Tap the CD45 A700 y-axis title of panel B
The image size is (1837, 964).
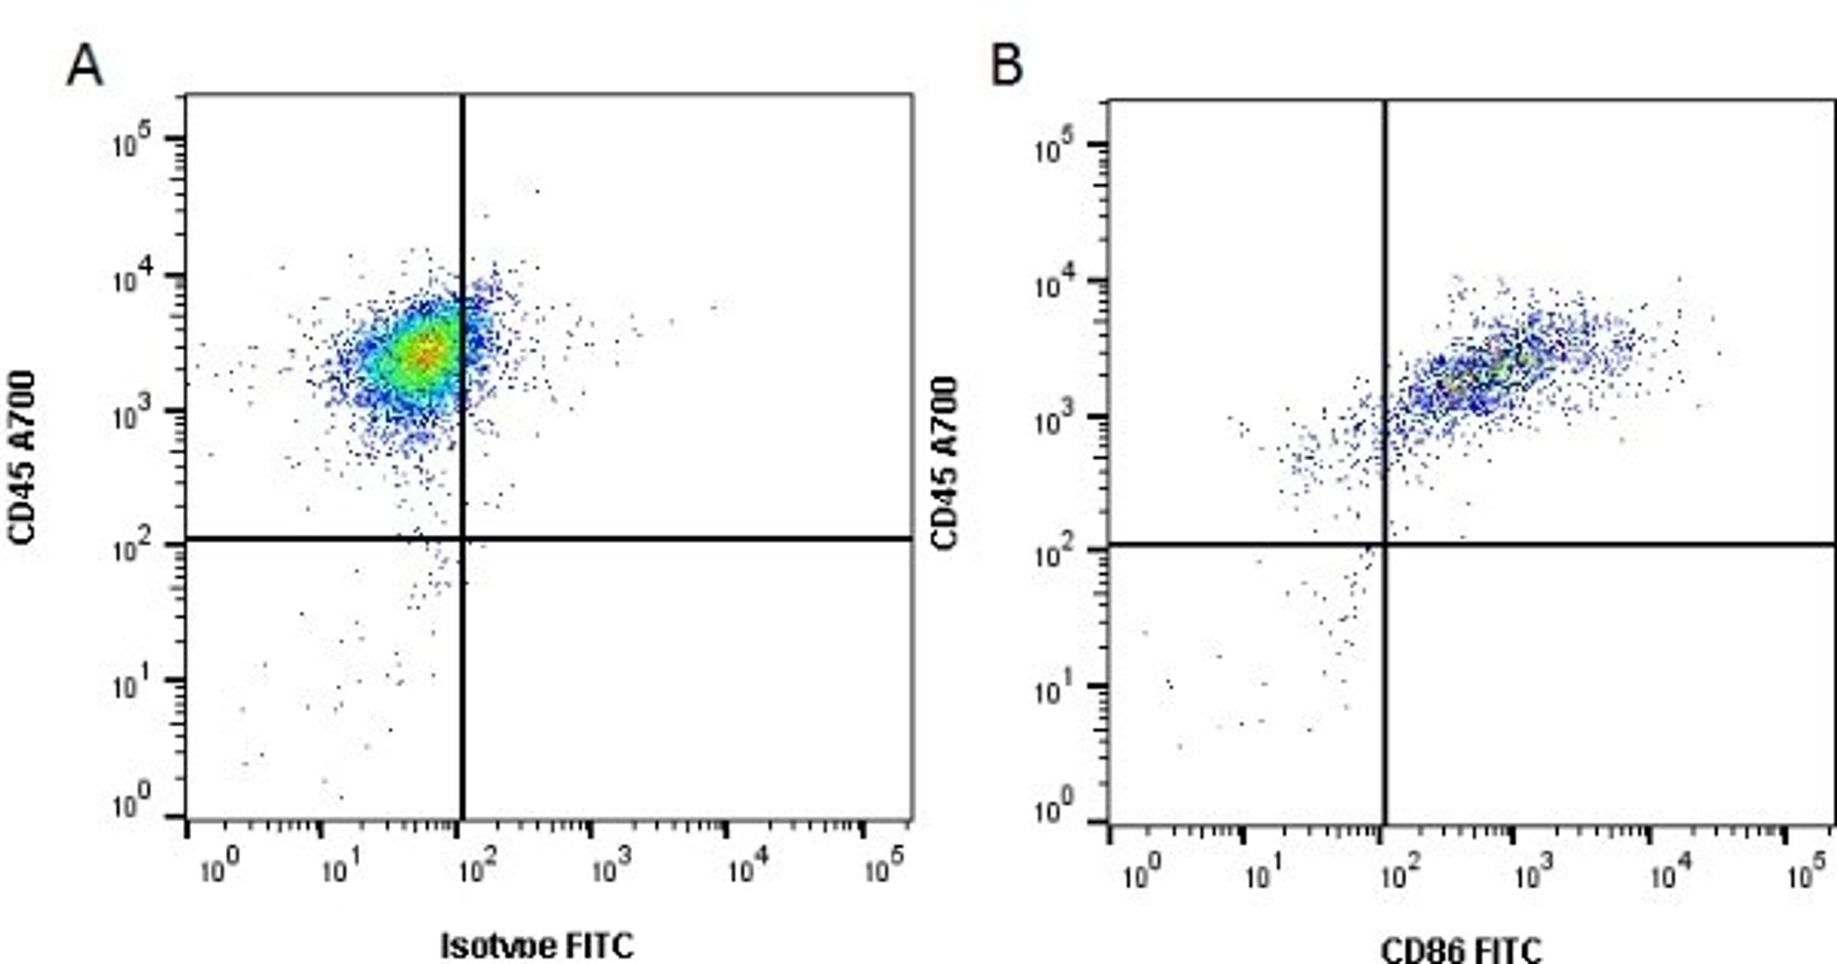pyautogui.click(x=944, y=463)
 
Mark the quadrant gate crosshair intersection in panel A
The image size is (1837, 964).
pyautogui.click(x=463, y=538)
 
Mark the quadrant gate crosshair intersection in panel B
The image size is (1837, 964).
pyautogui.click(x=1385, y=545)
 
